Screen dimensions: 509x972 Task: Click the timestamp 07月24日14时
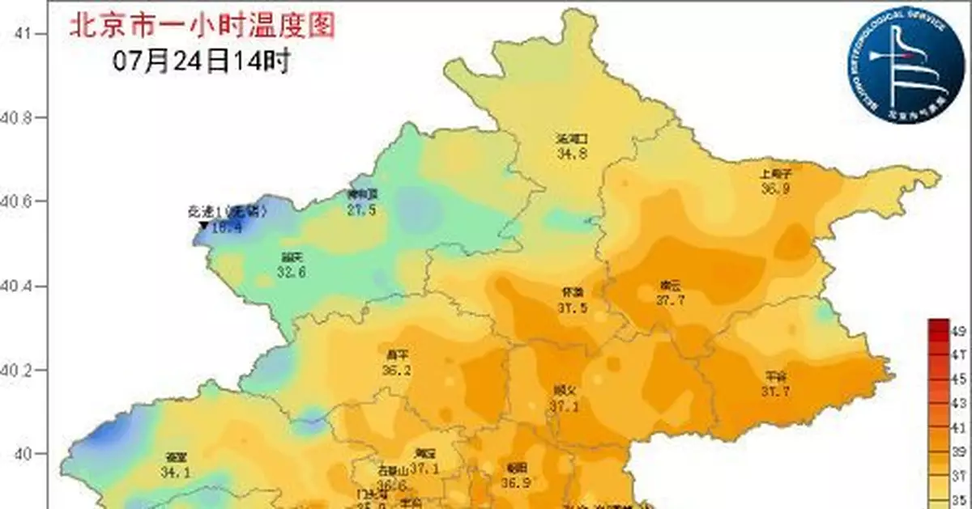(x=202, y=61)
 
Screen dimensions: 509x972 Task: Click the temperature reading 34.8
(x=572, y=151)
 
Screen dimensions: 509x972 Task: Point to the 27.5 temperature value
(x=361, y=209)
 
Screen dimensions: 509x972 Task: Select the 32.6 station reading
(x=292, y=274)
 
